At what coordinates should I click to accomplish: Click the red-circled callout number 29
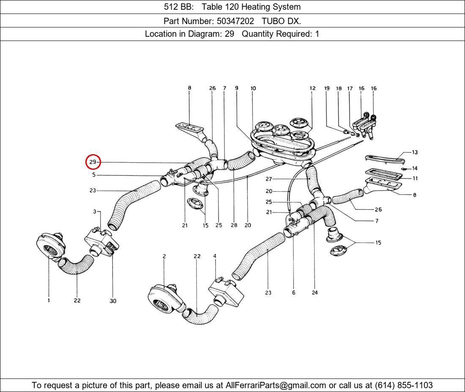point(93,162)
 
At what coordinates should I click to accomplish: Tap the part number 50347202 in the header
point(235,21)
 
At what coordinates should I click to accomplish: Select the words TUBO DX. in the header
point(282,21)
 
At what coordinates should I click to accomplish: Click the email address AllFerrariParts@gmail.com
point(276,385)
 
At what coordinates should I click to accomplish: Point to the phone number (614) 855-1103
point(404,385)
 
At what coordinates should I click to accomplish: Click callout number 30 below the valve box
point(113,301)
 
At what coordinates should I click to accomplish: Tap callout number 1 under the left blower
point(49,300)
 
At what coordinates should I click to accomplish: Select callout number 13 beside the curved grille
point(415,152)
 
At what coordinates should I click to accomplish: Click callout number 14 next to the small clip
point(415,168)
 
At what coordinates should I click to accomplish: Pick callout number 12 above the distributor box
point(312,88)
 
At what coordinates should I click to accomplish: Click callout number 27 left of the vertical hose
point(269,179)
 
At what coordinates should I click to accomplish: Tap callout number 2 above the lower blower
point(164,256)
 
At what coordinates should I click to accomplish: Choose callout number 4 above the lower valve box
point(215,256)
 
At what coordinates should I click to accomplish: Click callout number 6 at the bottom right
point(294,293)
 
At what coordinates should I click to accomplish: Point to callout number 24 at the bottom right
point(315,293)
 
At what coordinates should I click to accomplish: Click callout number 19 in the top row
point(327,88)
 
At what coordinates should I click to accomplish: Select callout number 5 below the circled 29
point(94,175)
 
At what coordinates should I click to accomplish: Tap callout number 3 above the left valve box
point(95,212)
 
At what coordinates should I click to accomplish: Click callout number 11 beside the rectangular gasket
point(415,178)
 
